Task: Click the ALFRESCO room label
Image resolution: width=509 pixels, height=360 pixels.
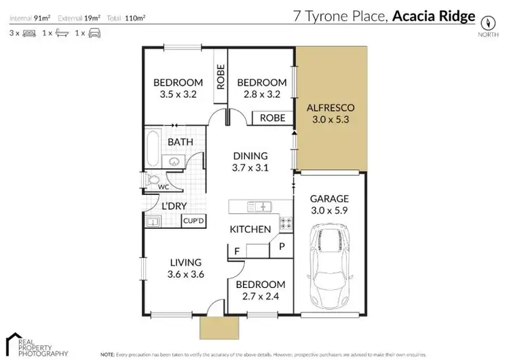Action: click(x=331, y=108)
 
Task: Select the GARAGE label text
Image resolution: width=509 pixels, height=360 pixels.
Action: click(x=329, y=199)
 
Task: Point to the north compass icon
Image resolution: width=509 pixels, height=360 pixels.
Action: click(x=486, y=20)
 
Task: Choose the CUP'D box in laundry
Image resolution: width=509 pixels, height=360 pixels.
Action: click(x=194, y=221)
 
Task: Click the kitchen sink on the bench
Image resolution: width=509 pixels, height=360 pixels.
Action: click(x=260, y=206)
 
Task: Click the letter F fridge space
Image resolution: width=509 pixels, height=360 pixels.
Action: click(x=237, y=251)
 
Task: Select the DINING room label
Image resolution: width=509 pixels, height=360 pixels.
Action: click(x=250, y=156)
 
